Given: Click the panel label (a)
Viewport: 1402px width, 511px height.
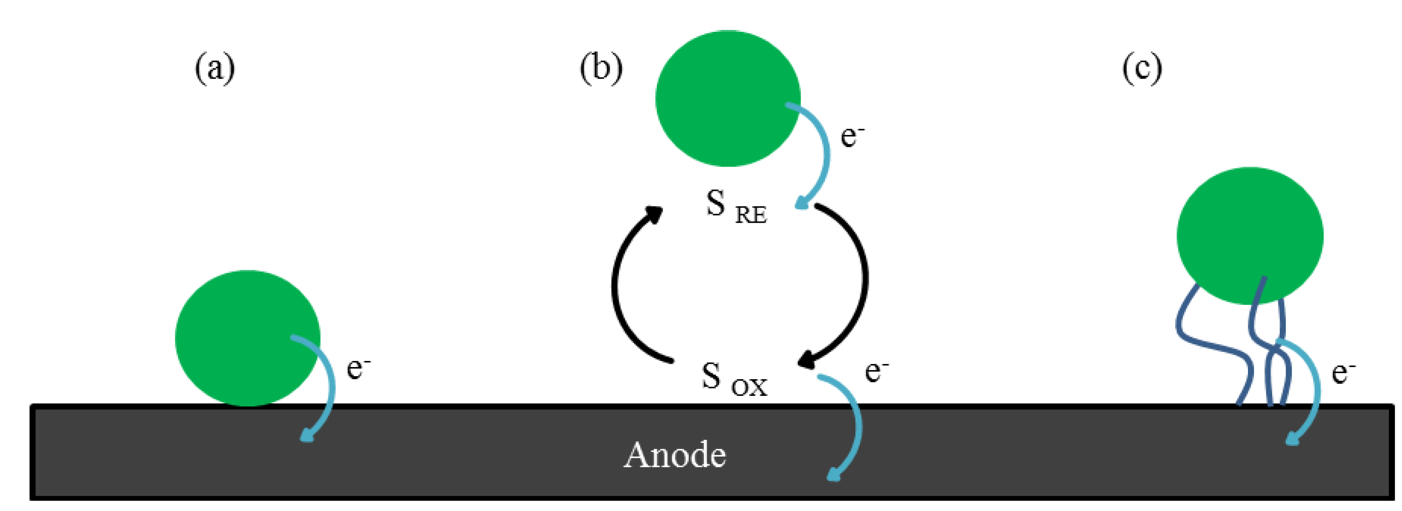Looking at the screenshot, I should [215, 69].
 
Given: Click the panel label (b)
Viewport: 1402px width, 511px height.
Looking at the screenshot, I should [601, 69].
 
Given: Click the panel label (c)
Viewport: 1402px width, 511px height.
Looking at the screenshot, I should [1142, 69].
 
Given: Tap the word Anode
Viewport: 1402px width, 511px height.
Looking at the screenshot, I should [675, 455].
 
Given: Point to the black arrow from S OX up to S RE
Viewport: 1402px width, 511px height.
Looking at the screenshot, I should [621, 283].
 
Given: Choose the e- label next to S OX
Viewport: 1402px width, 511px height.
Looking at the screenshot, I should [876, 372].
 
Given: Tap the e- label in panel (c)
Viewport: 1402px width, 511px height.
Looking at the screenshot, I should [1343, 373].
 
